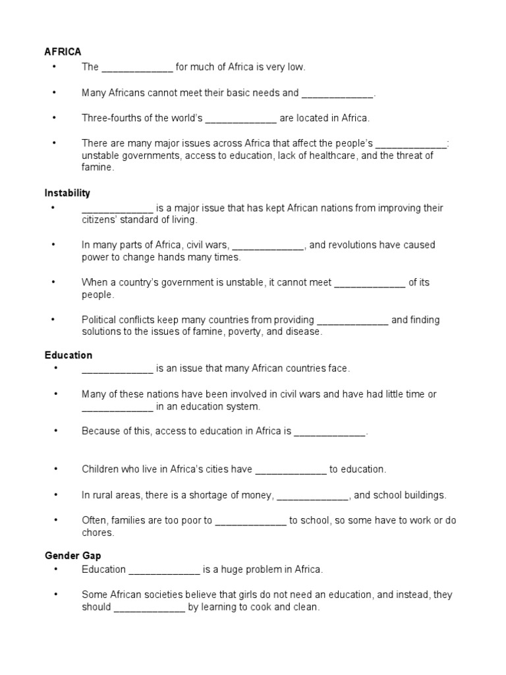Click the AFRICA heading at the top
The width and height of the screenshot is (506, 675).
tap(63, 51)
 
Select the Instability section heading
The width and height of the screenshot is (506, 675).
tap(67, 193)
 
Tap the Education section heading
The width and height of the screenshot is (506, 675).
tap(69, 355)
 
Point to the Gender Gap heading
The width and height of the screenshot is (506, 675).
tap(73, 556)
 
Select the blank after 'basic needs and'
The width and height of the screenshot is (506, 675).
tap(337, 94)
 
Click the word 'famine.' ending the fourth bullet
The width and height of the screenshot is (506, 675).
tap(98, 168)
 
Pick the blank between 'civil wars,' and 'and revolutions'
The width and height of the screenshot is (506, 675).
tap(268, 246)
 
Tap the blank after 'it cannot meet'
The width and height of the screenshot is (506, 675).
tap(370, 283)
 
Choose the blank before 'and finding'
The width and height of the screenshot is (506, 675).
tap(353, 321)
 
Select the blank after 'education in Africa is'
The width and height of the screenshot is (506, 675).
tap(329, 433)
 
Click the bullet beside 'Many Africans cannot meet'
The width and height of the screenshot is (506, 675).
tap(55, 93)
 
